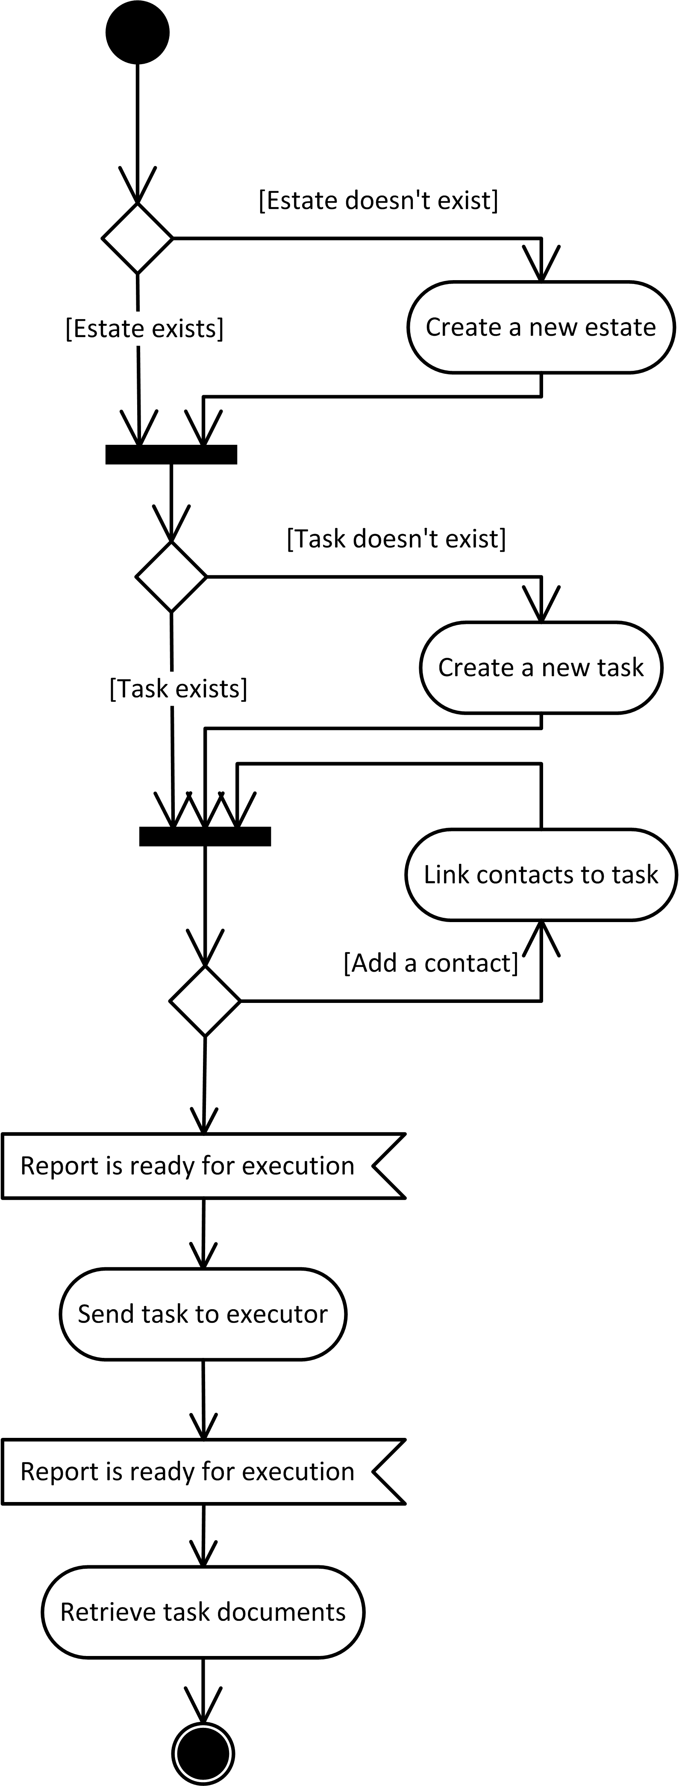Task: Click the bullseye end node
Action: pos(203,1753)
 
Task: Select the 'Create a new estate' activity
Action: pos(541,327)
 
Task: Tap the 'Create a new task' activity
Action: pos(541,668)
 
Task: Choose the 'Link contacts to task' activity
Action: pos(541,875)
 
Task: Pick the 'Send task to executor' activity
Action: pos(202,1314)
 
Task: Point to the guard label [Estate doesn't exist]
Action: pos(378,201)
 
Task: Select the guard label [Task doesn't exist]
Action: pos(396,539)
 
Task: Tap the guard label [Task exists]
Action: pos(178,689)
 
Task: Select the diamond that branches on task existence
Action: pos(171,577)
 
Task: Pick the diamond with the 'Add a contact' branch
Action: pos(205,1001)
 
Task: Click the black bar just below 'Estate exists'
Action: pos(171,455)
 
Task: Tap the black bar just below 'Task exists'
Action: pos(205,837)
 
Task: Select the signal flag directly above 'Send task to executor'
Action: pos(194,1166)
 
